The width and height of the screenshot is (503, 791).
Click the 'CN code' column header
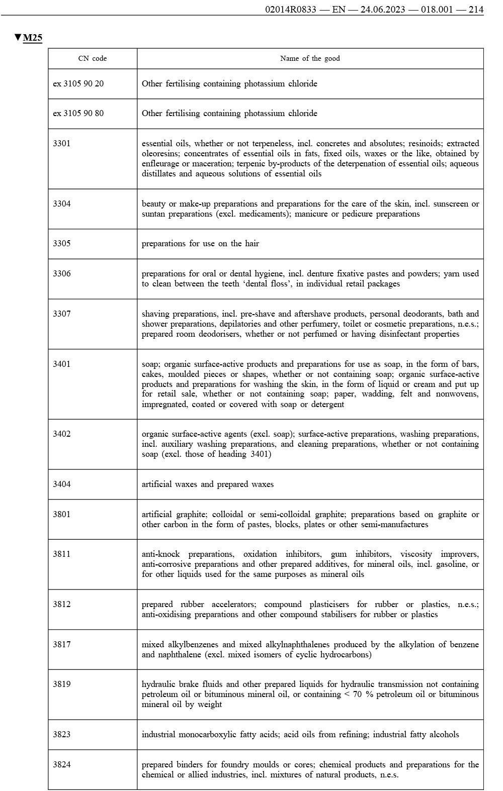coord(93,58)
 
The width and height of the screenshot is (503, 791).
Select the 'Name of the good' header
coord(310,58)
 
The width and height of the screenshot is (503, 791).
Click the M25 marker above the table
coord(32,38)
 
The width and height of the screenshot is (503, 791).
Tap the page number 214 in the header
coord(475,10)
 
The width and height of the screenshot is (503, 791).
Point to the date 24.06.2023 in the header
coord(381,10)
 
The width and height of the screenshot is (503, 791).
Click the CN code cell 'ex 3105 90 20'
coord(78,83)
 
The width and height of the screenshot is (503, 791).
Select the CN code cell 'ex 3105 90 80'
coord(78,113)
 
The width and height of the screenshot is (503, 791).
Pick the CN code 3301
coord(62,143)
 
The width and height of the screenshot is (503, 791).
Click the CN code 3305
coord(62,243)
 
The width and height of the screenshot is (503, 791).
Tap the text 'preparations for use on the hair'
coord(200,243)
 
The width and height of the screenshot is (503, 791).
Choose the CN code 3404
coord(62,484)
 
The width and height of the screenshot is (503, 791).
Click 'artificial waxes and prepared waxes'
coord(208,484)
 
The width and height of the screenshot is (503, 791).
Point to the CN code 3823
coord(62,734)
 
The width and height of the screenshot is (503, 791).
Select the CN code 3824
coord(62,764)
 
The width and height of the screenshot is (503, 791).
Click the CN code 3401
coord(62,364)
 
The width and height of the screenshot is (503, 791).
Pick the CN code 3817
coord(62,644)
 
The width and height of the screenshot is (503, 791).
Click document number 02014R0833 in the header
coord(290,10)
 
